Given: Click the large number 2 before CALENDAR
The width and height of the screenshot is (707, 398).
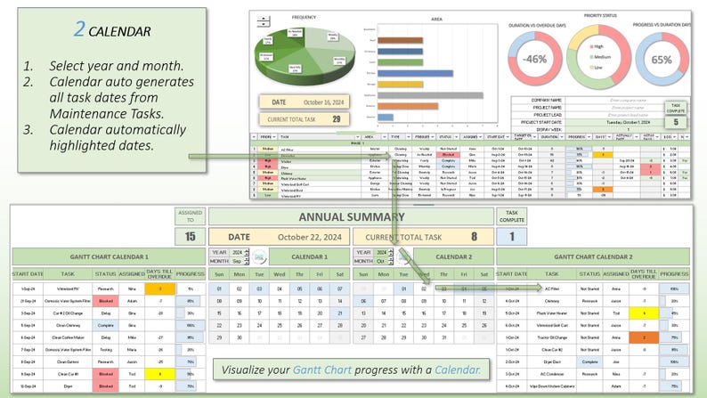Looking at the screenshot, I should (x=79, y=29).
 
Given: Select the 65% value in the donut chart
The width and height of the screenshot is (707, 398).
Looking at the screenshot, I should (x=662, y=60).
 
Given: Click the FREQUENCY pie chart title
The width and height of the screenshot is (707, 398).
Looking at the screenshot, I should (x=304, y=16).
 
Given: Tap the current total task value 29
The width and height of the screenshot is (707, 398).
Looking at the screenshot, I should (x=336, y=118).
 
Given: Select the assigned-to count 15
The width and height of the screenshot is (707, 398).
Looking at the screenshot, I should (x=190, y=237).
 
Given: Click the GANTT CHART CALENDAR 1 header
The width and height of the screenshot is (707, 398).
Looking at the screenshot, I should (x=109, y=256).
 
